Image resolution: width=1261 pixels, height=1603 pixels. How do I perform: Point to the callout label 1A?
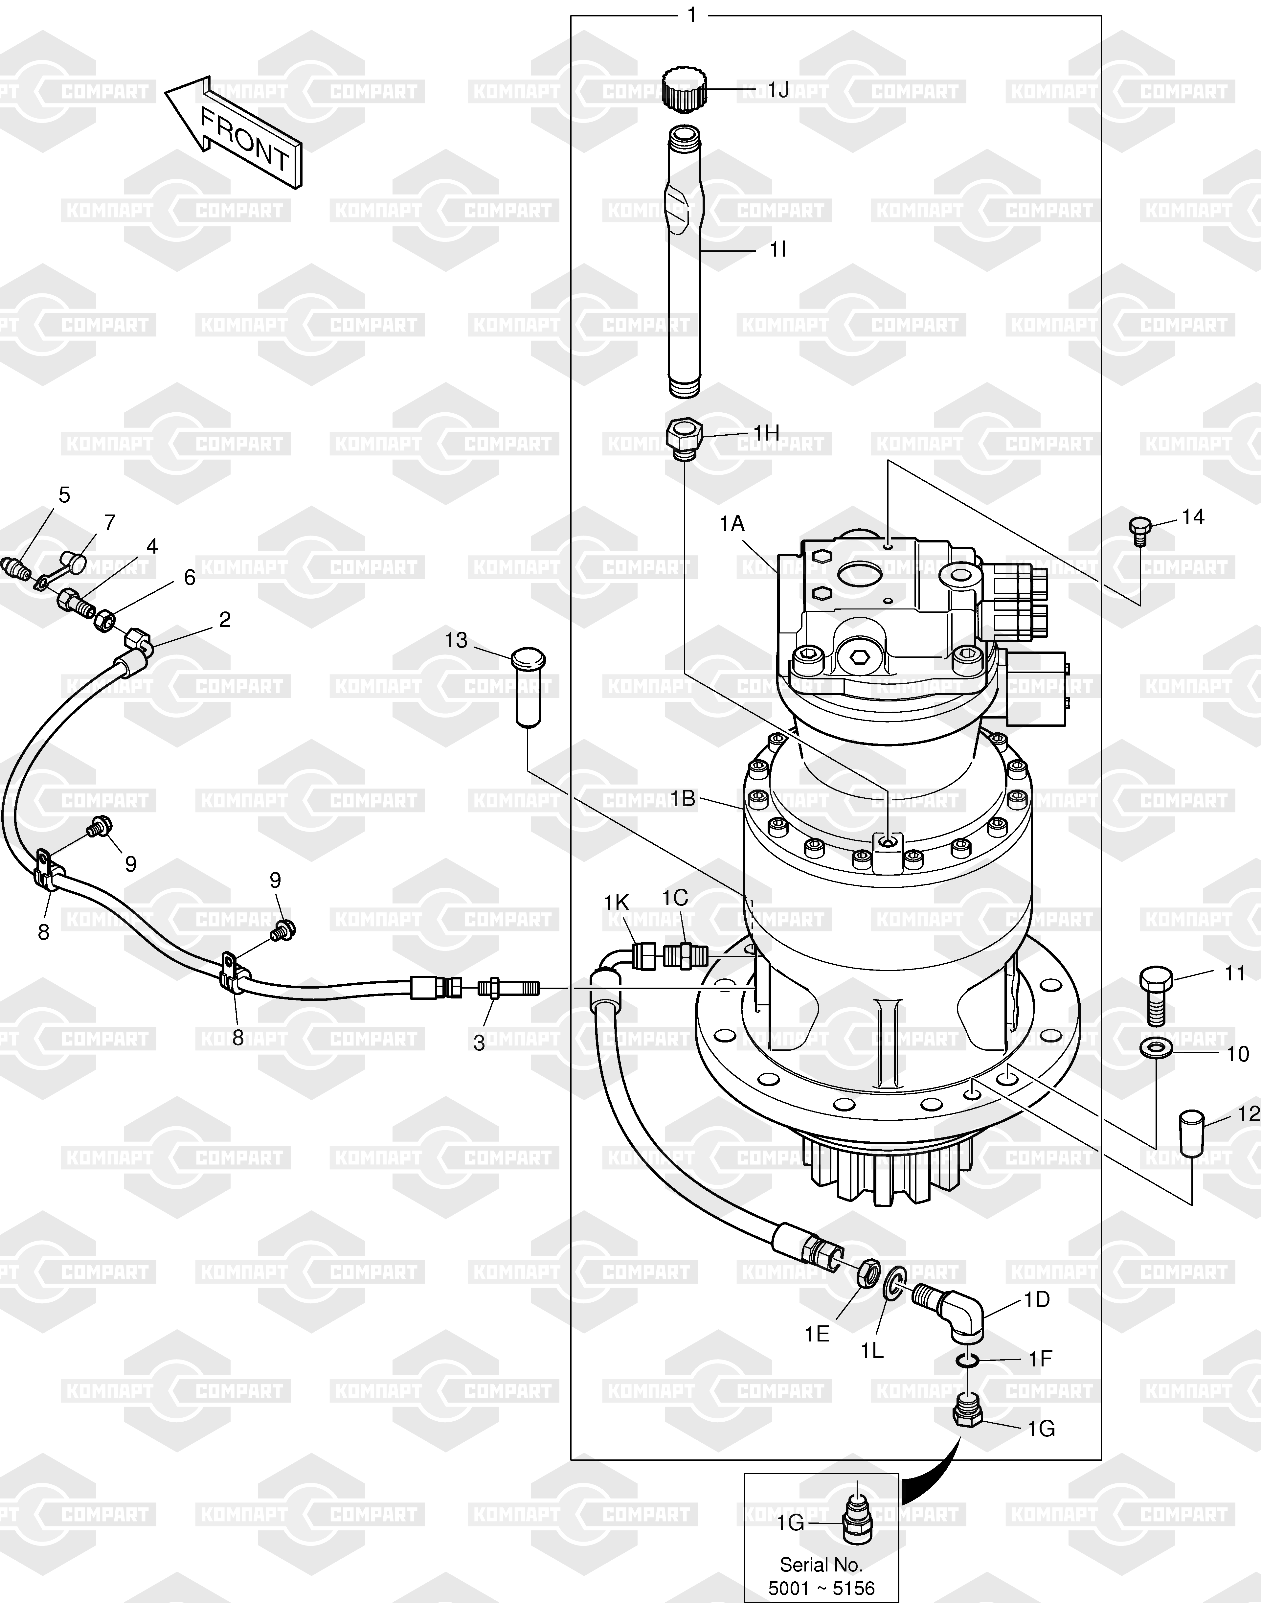pyautogui.click(x=732, y=524)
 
